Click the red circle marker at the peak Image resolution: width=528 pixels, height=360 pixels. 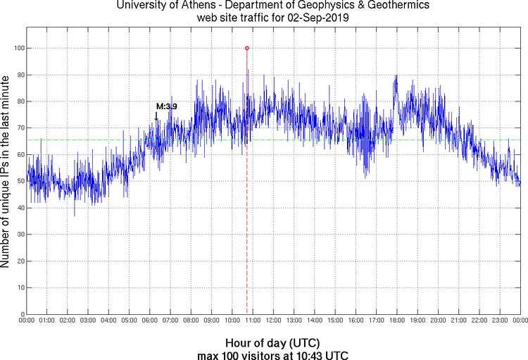(246, 48)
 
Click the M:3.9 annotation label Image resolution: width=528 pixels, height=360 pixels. (166, 106)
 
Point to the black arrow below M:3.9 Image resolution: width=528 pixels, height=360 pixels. (156, 116)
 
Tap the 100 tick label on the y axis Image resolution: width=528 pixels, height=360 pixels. (17, 48)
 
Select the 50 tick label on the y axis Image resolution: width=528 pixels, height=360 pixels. (19, 181)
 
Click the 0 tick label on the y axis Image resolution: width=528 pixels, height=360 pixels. (21, 314)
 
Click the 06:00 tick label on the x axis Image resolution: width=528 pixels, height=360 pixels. (150, 321)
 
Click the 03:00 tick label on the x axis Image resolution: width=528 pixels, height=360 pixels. (89, 321)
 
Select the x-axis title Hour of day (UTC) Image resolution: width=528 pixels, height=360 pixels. (273, 342)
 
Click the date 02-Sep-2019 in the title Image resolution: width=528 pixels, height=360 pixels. (318, 17)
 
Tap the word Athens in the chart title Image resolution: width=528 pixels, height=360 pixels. (197, 6)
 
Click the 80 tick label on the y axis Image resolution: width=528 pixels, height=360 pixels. (19, 101)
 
